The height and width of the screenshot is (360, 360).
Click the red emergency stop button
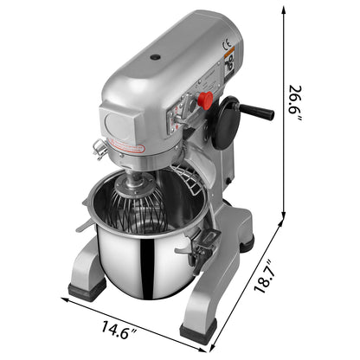(206, 101)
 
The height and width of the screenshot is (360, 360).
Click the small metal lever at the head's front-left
(100, 148)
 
